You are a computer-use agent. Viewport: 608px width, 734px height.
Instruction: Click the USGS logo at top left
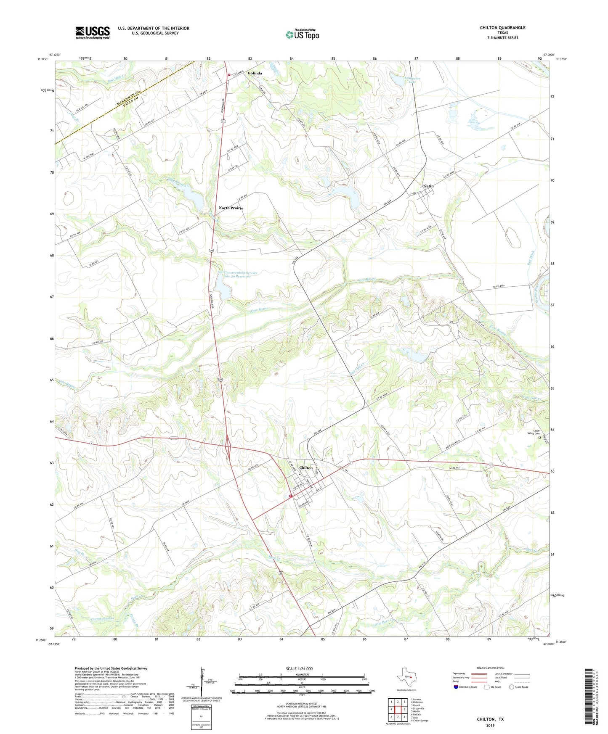coord(93,32)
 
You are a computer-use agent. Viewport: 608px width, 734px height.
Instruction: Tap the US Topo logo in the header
coord(302,34)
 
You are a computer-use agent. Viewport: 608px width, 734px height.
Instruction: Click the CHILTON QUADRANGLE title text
coord(502,28)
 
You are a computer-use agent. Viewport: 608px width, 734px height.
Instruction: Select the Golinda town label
coord(255,73)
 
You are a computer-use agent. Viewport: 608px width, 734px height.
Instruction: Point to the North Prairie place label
coord(231,208)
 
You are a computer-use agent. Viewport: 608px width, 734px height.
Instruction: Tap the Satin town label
coord(428,186)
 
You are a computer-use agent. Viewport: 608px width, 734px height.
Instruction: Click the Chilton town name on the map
coord(306,467)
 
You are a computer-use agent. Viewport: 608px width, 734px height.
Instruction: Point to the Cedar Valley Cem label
coord(536,432)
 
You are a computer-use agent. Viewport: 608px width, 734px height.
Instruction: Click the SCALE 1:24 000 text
coord(299,668)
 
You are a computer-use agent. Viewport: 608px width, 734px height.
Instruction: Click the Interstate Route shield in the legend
coord(456,687)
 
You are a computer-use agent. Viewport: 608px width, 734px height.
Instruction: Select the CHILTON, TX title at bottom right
coord(490,719)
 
